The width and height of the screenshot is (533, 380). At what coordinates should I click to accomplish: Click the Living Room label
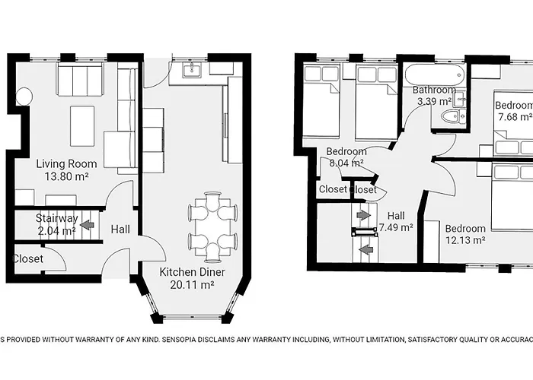click(x=67, y=163)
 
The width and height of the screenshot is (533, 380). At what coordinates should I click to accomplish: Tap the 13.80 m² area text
click(x=67, y=176)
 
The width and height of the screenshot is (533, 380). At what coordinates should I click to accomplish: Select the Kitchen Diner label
click(x=186, y=272)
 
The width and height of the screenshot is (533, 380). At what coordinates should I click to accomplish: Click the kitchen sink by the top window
click(x=193, y=71)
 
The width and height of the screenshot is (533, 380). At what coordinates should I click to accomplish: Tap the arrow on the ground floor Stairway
click(x=88, y=225)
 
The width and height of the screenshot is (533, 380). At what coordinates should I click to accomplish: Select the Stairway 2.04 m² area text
click(x=56, y=231)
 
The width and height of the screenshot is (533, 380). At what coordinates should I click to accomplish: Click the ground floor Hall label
click(x=120, y=229)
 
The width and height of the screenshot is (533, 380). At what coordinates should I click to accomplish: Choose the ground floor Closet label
click(x=27, y=259)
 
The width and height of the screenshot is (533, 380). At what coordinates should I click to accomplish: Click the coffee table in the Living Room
click(x=82, y=125)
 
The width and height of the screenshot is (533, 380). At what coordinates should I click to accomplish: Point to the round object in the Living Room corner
click(x=24, y=97)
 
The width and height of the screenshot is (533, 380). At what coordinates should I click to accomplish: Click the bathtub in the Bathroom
click(x=433, y=77)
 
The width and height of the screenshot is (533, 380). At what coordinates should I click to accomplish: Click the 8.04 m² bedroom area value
click(x=346, y=163)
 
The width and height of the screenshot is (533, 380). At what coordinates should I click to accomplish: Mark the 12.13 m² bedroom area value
click(x=465, y=240)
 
